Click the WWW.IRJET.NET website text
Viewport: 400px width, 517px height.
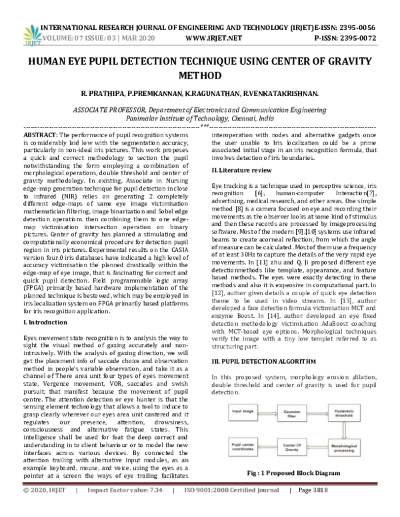(x=214, y=39)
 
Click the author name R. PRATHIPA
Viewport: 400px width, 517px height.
(x=102, y=94)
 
